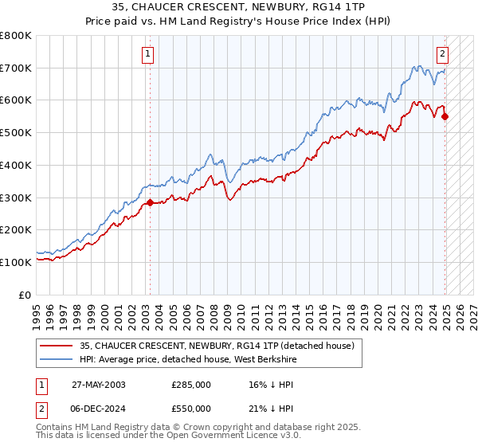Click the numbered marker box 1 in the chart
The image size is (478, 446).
click(x=148, y=54)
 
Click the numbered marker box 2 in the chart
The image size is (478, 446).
click(x=442, y=54)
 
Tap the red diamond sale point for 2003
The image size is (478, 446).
click(x=150, y=203)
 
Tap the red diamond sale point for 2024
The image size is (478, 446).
click(x=445, y=117)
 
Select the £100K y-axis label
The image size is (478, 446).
click(x=16, y=262)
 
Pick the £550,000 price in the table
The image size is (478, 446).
click(x=191, y=408)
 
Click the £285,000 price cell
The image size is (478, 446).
click(x=191, y=385)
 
